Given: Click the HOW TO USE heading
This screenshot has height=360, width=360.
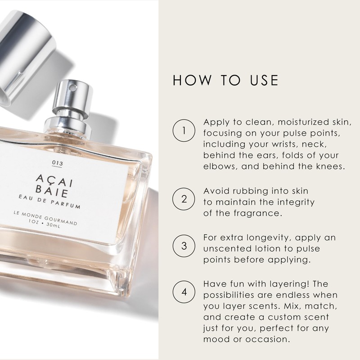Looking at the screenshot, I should click(x=226, y=80).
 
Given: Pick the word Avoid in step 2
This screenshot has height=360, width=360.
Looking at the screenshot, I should click(x=216, y=192).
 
